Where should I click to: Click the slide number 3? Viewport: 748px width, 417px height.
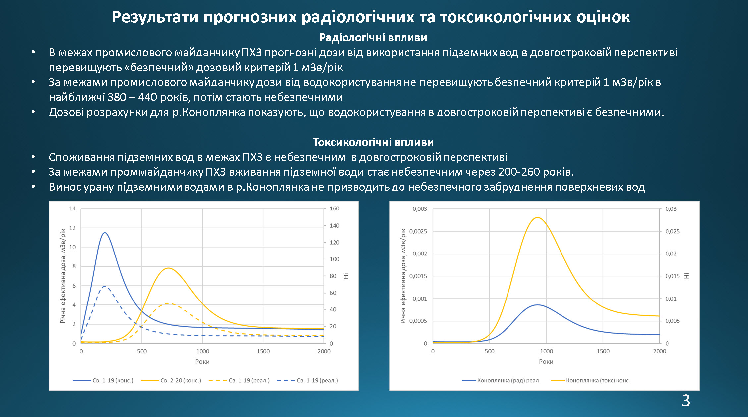pos(686,401)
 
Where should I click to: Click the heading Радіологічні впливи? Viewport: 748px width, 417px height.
pos(373,38)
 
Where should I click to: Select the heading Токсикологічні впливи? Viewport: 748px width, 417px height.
pos(373,142)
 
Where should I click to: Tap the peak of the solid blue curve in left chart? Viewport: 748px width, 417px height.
pos(105,233)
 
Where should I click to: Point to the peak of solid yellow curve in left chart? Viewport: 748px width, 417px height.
pos(169,268)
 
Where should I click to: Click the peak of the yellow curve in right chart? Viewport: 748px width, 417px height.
pos(537,217)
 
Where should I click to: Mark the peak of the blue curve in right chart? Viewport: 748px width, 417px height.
pos(537,305)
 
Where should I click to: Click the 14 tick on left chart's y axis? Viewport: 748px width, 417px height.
pos(72,208)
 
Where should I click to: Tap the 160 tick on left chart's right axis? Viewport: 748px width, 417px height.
pos(334,208)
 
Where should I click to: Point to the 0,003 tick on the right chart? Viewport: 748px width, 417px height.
pos(420,209)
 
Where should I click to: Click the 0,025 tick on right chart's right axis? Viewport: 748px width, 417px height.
pos(672,231)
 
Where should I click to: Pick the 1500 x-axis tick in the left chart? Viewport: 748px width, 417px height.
pos(263,351)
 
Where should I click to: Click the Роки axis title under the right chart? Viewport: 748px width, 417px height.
pos(546,362)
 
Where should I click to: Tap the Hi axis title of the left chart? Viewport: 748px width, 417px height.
pos(346,276)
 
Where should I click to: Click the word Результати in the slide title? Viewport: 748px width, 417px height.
pos(154,17)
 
